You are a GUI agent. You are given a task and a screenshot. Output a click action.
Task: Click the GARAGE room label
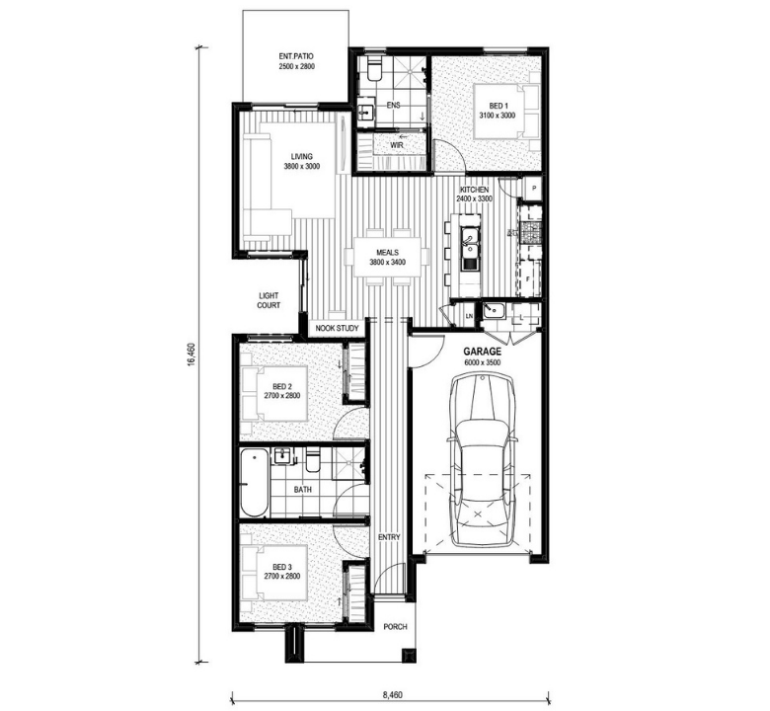pos(482,352)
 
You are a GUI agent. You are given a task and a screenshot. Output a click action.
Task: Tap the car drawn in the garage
pos(483,459)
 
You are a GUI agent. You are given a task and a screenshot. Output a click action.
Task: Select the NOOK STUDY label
pos(337,328)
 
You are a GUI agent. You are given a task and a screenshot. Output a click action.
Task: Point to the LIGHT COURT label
pos(269,300)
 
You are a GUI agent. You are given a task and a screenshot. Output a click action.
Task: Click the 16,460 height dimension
pos(192,354)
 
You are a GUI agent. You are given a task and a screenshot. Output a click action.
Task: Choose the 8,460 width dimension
pos(392,695)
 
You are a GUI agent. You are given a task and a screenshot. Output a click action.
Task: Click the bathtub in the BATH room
pos(255,482)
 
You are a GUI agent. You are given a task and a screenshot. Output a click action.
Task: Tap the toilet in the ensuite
pos(374,70)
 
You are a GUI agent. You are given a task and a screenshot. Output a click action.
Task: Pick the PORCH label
pos(395,626)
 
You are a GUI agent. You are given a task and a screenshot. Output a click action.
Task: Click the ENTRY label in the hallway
pos(389,537)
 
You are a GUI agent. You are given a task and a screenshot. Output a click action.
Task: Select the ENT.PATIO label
pos(296,56)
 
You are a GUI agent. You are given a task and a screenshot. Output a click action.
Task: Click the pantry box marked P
pos(533,189)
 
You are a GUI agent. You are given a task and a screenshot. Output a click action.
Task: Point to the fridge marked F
pos(528,279)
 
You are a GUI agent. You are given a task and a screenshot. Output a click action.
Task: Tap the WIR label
pos(396,145)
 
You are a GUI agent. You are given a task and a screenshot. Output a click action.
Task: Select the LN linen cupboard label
pos(469,316)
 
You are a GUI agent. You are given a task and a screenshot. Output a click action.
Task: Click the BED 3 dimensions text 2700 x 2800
pos(282,576)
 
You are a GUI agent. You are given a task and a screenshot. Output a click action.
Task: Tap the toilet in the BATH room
pos(312,460)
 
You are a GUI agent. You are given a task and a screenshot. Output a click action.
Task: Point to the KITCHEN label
pos(474,190)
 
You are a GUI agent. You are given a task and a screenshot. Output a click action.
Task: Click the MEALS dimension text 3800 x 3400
pos(387,263)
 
